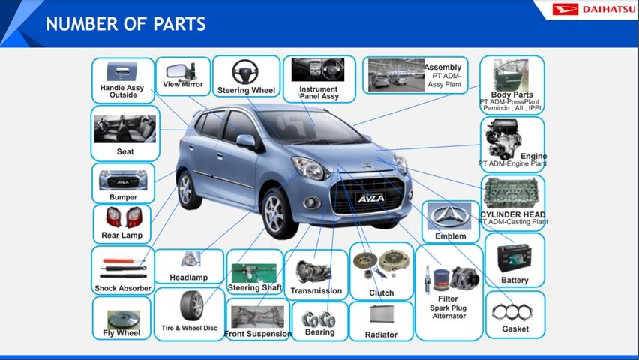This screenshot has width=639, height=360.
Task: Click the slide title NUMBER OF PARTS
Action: click(x=126, y=24)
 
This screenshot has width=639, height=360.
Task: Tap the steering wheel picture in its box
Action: click(x=245, y=72)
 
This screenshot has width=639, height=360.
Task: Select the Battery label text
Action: click(x=514, y=280)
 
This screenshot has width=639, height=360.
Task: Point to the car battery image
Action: click(x=514, y=258)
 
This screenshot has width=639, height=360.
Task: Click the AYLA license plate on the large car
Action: click(x=370, y=198)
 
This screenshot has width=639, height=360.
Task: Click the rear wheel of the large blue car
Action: click(x=187, y=190)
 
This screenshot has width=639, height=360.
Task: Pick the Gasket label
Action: click(x=515, y=328)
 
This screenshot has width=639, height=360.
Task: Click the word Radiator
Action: click(x=381, y=334)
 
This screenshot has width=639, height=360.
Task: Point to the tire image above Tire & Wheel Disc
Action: click(x=191, y=306)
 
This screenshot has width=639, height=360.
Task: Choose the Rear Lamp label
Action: click(x=121, y=235)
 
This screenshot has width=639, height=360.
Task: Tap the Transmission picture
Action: click(x=313, y=272)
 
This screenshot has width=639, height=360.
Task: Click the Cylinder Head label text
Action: click(x=513, y=214)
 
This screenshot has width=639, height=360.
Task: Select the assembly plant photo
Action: click(x=396, y=75)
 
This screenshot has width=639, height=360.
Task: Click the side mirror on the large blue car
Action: click(x=247, y=142)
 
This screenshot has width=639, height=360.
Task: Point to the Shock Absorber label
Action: click(x=123, y=288)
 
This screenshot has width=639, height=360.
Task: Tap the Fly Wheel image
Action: click(x=124, y=319)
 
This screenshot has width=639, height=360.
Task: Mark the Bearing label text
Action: click(x=320, y=331)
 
